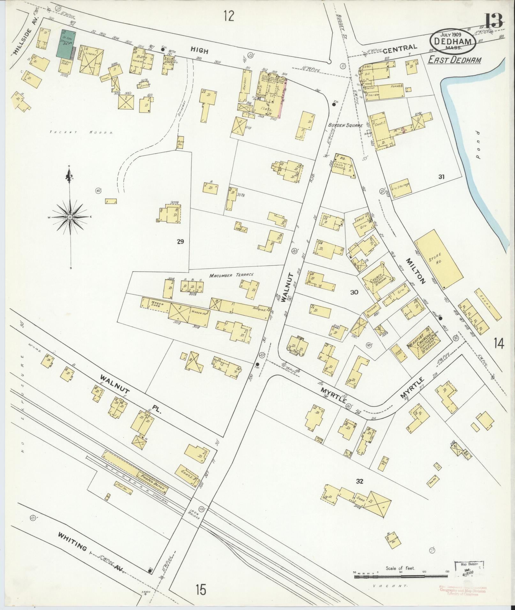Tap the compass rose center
[70, 217]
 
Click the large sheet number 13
[494, 21]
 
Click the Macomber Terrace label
[231, 275]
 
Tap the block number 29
[180, 242]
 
